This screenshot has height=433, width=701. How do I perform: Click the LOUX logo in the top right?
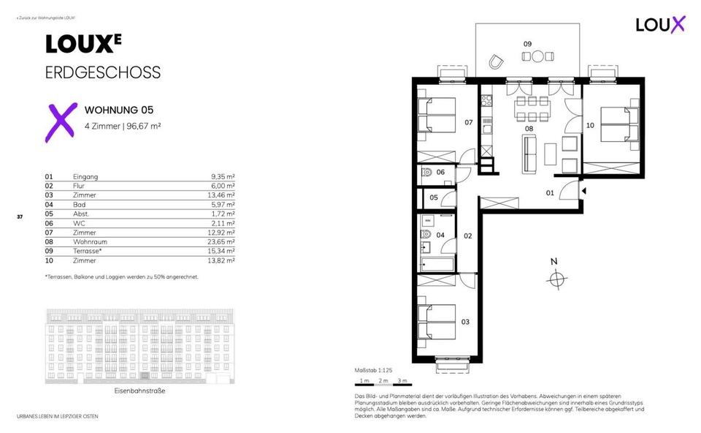[x=660, y=23]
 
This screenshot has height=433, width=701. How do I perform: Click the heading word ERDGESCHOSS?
[x=102, y=73]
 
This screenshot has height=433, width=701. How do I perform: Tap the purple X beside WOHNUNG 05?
[x=61, y=121]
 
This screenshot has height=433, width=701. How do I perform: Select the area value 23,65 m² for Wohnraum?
[x=221, y=241]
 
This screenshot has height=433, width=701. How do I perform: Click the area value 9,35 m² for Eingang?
[x=222, y=177]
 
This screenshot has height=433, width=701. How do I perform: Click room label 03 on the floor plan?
[x=465, y=322]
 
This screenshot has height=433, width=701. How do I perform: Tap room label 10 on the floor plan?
[x=590, y=125]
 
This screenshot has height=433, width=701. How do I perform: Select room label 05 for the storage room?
[x=433, y=197]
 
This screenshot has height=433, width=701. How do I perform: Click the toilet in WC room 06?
[x=426, y=173]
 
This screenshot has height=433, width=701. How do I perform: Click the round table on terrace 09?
[x=538, y=56]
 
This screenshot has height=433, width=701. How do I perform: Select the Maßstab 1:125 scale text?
[x=372, y=371]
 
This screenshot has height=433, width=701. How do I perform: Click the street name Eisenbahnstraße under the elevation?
[x=139, y=391]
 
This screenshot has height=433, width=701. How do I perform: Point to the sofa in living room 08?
[x=529, y=153]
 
